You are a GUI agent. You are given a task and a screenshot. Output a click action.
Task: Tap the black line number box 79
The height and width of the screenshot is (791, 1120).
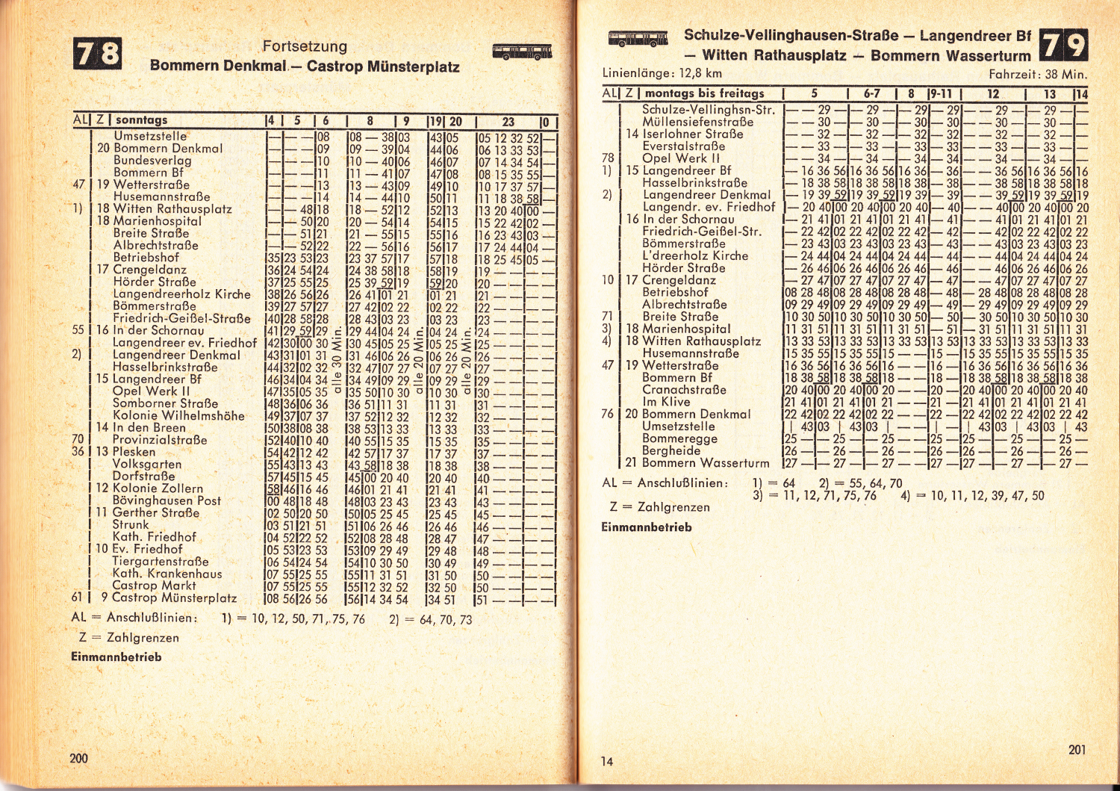pos(1063,46)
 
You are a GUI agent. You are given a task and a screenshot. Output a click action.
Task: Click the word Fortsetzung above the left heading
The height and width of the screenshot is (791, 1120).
pos(305,46)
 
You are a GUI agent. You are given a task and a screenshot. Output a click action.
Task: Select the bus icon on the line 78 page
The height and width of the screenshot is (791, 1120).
pos(522,52)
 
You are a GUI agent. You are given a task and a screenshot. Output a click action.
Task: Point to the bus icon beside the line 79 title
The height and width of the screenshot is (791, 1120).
pos(638,39)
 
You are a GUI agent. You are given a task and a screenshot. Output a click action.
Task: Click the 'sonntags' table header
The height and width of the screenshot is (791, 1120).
pos(142,120)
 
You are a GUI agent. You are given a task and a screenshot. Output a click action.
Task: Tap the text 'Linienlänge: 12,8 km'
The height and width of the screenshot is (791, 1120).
pos(662,73)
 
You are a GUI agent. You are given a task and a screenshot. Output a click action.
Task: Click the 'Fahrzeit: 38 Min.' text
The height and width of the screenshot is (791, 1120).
pos(1038,74)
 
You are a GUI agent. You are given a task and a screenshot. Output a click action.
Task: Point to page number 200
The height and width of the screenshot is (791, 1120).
pos(78,758)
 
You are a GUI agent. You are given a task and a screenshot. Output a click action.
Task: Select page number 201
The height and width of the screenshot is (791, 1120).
pos(1077,749)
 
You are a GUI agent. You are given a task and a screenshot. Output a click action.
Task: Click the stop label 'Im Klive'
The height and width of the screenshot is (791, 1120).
pos(666,402)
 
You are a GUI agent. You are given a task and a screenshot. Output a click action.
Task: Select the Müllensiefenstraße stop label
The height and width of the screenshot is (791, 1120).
pos(697,122)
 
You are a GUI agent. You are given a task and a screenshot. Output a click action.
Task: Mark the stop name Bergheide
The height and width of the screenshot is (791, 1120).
pos(671,450)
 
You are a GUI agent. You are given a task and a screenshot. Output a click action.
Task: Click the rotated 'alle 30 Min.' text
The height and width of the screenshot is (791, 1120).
pos(337,362)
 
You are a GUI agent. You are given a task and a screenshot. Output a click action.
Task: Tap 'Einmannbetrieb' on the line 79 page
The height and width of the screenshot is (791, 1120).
pos(647,527)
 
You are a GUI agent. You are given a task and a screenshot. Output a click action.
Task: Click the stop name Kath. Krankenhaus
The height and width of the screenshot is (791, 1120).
pos(167,574)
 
